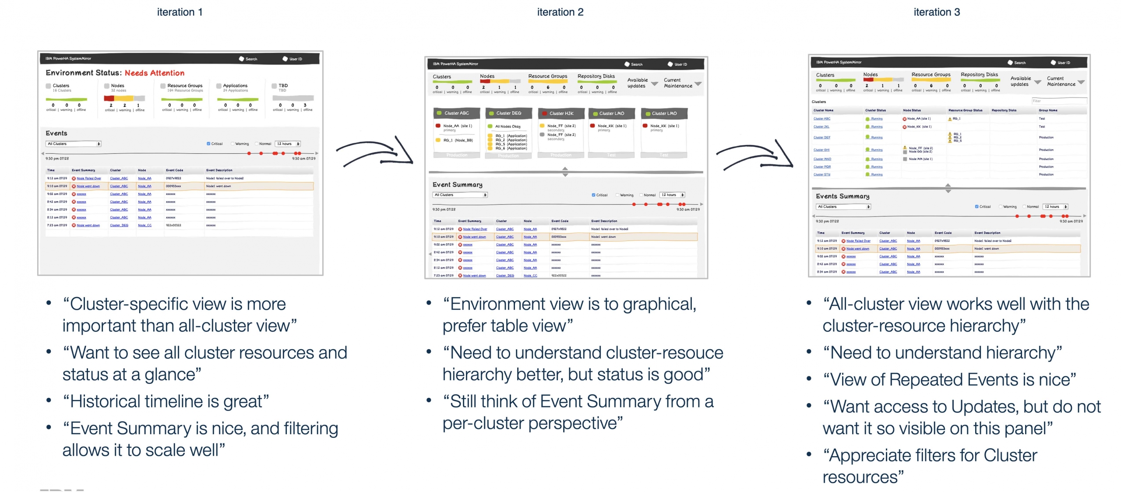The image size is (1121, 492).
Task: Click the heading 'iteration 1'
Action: click(x=180, y=12)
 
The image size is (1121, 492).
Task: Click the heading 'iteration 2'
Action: click(x=560, y=12)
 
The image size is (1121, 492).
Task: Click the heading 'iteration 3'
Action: click(x=937, y=12)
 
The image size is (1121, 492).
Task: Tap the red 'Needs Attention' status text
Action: click(x=154, y=73)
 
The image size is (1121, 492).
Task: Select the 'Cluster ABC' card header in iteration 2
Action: click(x=456, y=113)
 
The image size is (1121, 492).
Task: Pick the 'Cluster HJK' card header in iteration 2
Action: click(x=561, y=113)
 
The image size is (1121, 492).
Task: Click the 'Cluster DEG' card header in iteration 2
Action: click(x=508, y=113)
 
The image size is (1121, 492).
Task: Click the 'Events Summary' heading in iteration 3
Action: click(x=843, y=196)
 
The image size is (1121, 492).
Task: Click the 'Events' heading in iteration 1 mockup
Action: click(x=56, y=133)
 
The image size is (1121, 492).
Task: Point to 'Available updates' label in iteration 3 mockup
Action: click(x=1020, y=81)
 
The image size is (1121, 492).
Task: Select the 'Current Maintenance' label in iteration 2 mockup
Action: click(x=677, y=83)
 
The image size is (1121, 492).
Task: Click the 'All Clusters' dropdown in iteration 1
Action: click(x=74, y=144)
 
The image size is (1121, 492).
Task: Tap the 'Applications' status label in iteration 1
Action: click(x=235, y=86)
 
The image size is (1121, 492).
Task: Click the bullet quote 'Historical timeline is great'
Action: click(x=169, y=402)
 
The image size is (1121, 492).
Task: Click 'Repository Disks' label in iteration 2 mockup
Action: click(x=596, y=76)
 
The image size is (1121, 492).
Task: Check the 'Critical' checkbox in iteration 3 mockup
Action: click(x=976, y=207)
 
